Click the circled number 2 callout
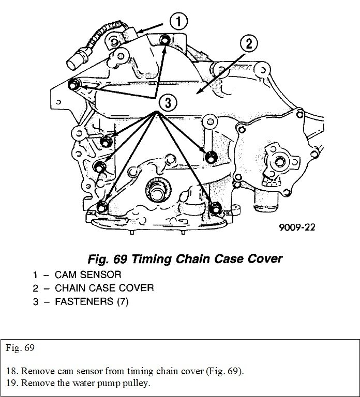(x=249, y=43)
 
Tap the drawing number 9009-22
(x=296, y=226)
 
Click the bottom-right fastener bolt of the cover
(x=216, y=208)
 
